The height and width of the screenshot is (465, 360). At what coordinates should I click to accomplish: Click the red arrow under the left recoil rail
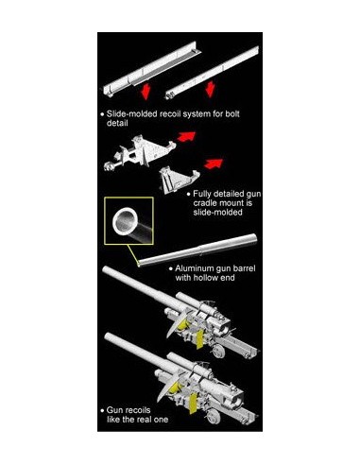tap(145, 91)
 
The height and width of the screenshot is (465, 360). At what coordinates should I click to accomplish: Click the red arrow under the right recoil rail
tap(210, 89)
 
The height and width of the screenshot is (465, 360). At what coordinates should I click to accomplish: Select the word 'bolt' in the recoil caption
tap(232, 113)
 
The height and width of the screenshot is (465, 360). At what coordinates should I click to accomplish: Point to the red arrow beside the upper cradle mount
tap(186, 136)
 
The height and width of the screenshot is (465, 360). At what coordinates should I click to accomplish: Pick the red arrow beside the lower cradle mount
tap(214, 164)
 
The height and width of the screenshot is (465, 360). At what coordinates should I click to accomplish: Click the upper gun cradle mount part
tap(139, 153)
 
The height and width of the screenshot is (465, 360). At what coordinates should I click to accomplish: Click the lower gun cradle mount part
tap(179, 180)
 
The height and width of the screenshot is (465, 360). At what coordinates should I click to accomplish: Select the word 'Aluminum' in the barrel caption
tap(195, 268)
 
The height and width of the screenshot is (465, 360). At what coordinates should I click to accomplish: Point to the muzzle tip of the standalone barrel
tap(140, 264)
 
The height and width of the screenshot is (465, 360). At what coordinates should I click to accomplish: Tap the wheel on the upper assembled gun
tap(218, 352)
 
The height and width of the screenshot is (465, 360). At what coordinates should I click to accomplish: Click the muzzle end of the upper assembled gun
tap(107, 270)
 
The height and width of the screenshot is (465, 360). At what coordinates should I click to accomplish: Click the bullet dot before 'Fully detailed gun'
tap(189, 194)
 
